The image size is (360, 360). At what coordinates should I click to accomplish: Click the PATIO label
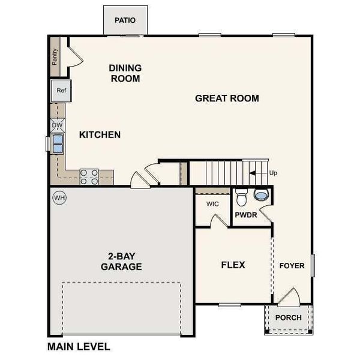coord(125,20)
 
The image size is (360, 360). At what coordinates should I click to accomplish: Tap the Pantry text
coord(55,59)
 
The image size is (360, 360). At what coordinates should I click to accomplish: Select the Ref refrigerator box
coord(61,91)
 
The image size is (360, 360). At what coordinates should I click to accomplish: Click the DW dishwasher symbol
coord(58,125)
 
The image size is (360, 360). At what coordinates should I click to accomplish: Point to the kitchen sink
coord(58,144)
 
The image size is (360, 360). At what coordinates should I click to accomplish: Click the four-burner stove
coord(89,176)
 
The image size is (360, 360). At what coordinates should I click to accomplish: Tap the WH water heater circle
coord(59,197)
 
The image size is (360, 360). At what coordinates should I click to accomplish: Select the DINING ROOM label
coord(125,73)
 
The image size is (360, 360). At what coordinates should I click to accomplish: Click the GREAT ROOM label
coord(227,98)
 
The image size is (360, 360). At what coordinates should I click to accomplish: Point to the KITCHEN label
coord(100,135)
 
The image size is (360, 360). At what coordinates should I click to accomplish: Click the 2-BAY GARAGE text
coord(121,262)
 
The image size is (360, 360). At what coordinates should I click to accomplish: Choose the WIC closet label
coord(212,204)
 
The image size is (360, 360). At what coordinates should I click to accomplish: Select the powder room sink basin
coord(262,195)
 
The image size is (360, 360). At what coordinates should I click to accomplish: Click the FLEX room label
coord(233,265)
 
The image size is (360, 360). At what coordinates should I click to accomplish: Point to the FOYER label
coord(292,265)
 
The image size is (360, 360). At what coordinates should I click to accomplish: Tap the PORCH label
coord(288,318)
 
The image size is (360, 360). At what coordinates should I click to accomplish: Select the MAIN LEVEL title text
coord(79,347)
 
